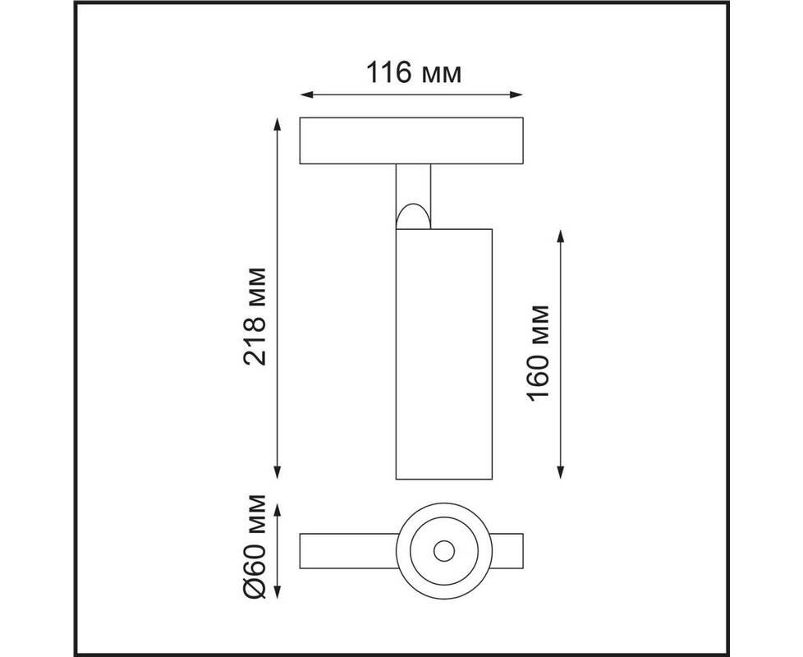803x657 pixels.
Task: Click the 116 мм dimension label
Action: pos(414,72)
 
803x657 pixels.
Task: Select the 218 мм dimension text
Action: pos(255,316)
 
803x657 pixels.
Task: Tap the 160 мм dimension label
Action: pos(538,353)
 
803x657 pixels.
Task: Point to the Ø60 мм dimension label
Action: pos(255,546)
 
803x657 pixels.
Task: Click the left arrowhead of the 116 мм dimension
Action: pos(306,94)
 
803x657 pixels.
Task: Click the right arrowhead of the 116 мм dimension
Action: pos(516,94)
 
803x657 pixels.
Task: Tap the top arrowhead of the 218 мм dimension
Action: pos(277,125)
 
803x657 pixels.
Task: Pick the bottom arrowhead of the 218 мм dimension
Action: pos(277,472)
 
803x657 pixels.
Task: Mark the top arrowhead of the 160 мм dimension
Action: pos(561,237)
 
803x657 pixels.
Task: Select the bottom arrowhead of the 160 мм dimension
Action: pos(561,472)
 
